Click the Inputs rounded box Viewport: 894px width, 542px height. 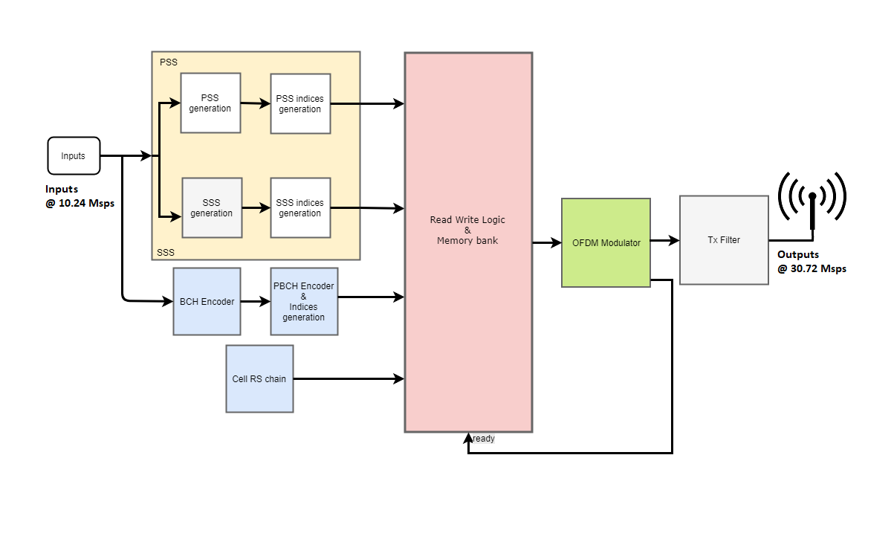pos(74,156)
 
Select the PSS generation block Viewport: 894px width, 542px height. pos(210,103)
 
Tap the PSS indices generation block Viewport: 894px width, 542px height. pos(300,103)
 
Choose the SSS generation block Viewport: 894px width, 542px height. pos(212,207)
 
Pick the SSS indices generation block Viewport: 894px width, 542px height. pos(300,207)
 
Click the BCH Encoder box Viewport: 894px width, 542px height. pos(207,301)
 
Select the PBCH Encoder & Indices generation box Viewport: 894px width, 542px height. pos(304,301)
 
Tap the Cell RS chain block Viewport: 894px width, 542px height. pos(259,378)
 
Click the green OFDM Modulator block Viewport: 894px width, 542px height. pos(606,242)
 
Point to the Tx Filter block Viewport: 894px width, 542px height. pos(724,240)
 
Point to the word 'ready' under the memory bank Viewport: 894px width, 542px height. pos(484,439)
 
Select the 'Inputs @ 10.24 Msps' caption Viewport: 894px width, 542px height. pos(80,196)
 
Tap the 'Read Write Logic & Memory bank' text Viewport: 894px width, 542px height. pos(467,230)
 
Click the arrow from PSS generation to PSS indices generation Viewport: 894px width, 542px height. pos(256,103)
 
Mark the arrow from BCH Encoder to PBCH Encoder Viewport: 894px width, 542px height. pos(256,302)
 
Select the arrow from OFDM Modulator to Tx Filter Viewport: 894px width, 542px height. pos(665,240)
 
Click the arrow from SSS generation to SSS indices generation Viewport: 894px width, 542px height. pos(256,208)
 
